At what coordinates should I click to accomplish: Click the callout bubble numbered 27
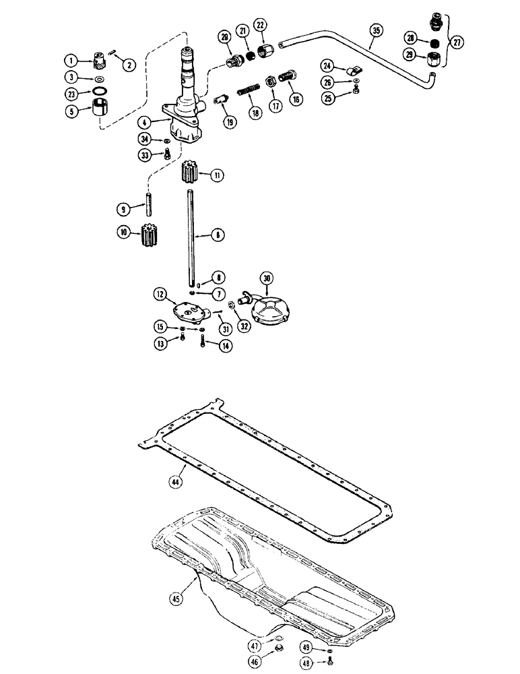pyautogui.click(x=459, y=41)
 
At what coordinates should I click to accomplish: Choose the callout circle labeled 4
pyautogui.click(x=143, y=123)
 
